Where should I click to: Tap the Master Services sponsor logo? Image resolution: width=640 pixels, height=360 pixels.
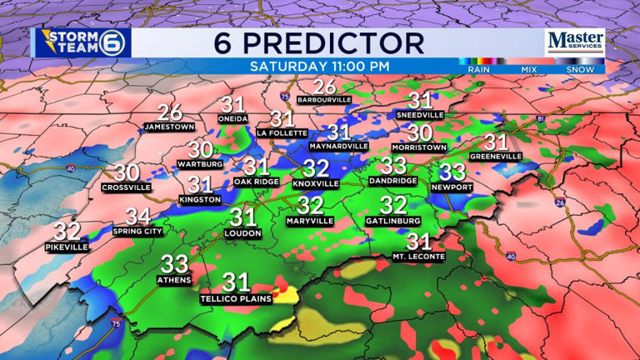tap(575, 42)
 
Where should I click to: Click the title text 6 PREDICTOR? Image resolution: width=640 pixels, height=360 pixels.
tap(319, 42)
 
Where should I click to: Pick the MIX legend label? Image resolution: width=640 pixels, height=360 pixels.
tap(529, 70)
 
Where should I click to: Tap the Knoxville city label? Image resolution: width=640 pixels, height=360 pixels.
tap(316, 183)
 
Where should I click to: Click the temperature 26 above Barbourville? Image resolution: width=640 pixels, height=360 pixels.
tap(324, 86)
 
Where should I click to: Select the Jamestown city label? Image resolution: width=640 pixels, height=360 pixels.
tap(169, 127)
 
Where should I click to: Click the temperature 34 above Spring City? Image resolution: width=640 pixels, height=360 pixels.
tap(137, 217)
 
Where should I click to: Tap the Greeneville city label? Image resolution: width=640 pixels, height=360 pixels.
tap(495, 156)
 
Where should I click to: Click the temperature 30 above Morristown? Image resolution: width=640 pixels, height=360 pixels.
tap(420, 132)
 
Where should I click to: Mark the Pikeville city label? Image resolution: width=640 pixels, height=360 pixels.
tap(67, 247)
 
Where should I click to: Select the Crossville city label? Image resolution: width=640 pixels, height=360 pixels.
tap(126, 187)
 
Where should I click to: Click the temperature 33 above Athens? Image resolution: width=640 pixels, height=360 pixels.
tap(174, 264)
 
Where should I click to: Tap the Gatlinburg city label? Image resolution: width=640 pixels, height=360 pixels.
tap(392, 221)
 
